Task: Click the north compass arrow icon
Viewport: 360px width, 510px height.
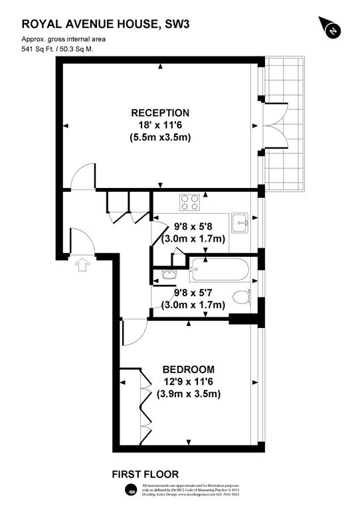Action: click(331, 28)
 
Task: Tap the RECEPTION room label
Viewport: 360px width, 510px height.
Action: click(160, 113)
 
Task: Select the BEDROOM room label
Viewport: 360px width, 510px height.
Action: click(189, 369)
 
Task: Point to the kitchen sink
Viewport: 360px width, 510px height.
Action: click(240, 222)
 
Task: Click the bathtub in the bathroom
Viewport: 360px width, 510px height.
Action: click(219, 270)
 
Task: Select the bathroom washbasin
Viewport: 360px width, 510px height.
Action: click(167, 274)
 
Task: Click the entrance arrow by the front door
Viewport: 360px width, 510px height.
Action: click(82, 265)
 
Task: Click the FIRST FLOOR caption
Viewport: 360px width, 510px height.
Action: click(145, 474)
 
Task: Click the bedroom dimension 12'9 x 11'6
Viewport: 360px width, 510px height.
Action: click(189, 382)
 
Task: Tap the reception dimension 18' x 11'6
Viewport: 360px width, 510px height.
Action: click(160, 126)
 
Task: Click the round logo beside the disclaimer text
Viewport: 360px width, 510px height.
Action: click(132, 491)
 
